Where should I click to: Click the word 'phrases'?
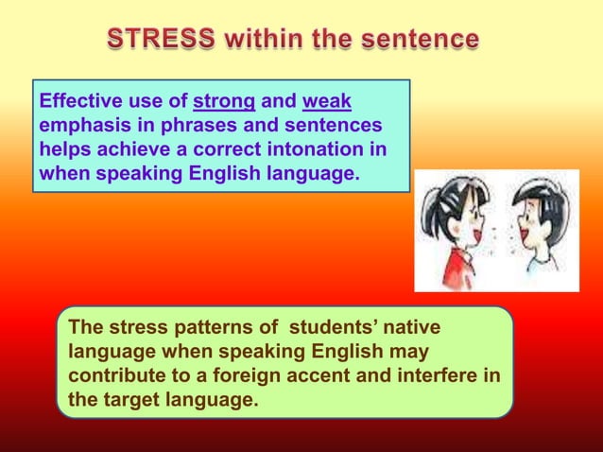tap(182, 126)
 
